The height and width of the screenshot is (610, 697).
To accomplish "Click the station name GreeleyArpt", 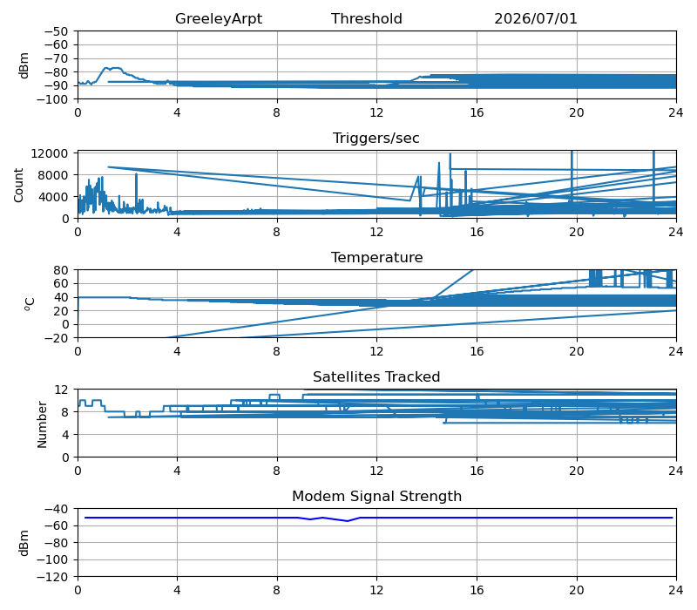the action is point(219,18).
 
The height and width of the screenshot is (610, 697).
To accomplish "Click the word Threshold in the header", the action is point(366,18).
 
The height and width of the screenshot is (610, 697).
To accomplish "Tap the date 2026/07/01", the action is point(536,18).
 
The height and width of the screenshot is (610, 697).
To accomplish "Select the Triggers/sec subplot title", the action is point(376,138).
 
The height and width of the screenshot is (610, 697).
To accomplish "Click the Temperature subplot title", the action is point(376,257).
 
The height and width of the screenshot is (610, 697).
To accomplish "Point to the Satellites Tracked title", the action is point(376,376).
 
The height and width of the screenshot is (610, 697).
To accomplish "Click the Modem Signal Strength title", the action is point(376,496).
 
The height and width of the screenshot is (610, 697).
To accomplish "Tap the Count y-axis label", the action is point(18,185).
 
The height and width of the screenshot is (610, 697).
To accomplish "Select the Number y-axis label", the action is point(42,424).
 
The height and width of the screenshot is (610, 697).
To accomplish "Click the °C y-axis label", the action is point(30,304).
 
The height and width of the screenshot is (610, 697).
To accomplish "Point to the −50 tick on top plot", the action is point(56,31).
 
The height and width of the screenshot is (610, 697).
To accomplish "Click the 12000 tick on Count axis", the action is point(50,153).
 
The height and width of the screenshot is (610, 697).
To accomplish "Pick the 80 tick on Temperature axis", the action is point(61,270).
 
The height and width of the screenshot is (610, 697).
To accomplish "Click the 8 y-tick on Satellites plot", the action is point(64,412).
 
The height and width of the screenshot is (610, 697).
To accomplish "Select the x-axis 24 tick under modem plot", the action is point(676,591).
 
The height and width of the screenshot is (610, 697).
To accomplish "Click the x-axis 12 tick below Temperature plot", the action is point(376,352).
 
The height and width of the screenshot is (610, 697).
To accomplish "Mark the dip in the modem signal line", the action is point(347,520).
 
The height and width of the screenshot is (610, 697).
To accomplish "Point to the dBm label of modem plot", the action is point(24,543).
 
